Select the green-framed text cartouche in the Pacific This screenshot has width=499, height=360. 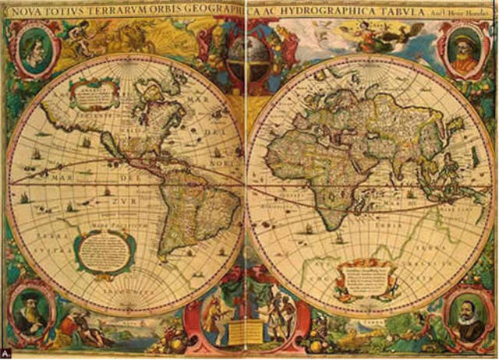104,251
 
